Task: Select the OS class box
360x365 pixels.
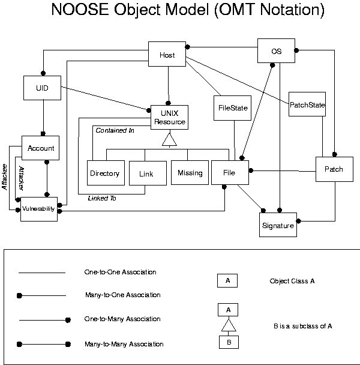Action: pos(276,50)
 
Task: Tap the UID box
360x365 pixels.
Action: pos(42,88)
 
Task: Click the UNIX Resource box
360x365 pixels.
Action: pos(169,118)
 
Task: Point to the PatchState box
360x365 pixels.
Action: pos(307,104)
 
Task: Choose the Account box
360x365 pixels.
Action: pos(41,148)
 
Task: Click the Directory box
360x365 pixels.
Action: pos(105,173)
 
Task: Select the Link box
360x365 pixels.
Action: pos(146,173)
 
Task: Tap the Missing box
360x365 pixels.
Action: pos(190,172)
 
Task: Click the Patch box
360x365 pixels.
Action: pos(334,169)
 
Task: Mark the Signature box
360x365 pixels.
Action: pos(278,225)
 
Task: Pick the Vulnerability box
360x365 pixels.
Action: pos(38,208)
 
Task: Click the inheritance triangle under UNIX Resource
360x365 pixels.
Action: pos(169,139)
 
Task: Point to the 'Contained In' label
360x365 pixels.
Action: pos(115,130)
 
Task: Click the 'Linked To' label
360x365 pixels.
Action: pos(102,198)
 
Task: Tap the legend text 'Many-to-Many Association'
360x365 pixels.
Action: pos(124,344)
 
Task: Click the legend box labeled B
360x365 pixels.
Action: pos(228,342)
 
